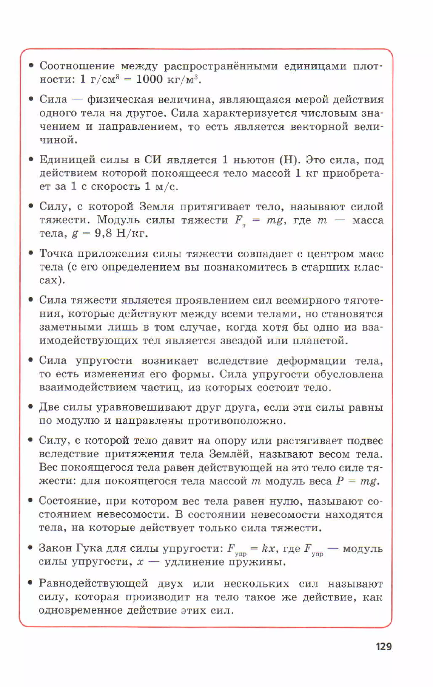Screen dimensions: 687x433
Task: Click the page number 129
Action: point(383,646)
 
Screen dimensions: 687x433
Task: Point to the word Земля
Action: point(156,207)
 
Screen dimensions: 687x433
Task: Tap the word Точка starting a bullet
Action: point(56,253)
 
